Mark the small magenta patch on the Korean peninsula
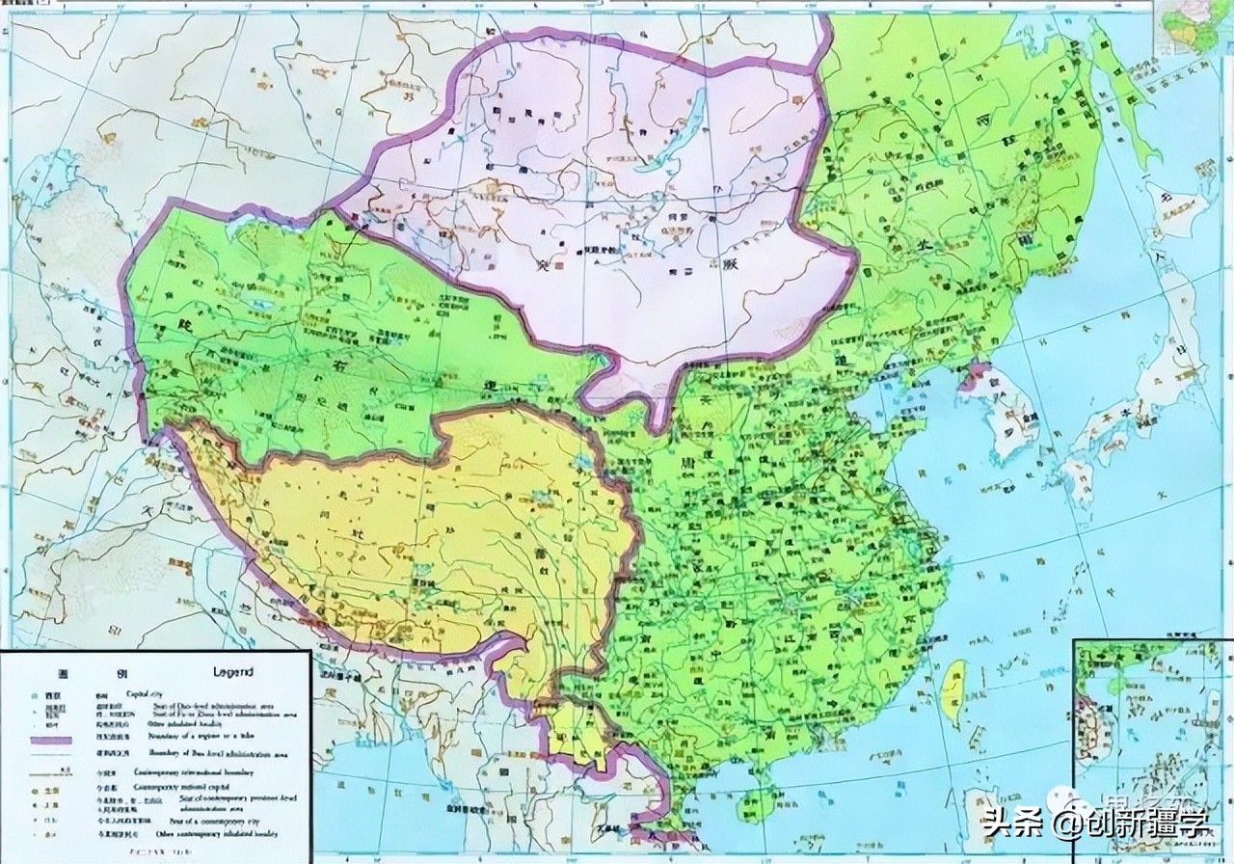point(974,377)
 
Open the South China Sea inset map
point(1151,747)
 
